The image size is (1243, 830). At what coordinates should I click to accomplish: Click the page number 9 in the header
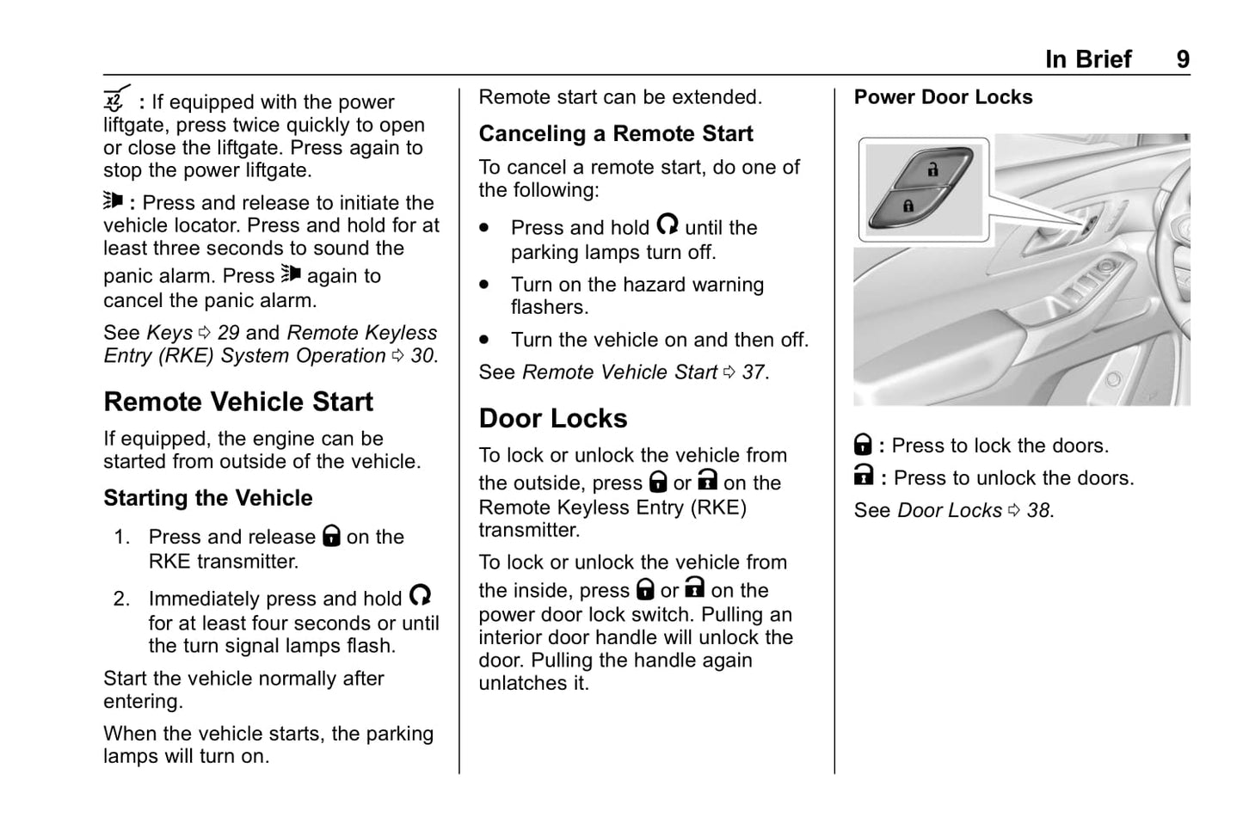coord(1183,59)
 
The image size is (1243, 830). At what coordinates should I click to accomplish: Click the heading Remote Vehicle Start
coord(238,402)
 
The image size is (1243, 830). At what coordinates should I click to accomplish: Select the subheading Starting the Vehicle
coord(207,498)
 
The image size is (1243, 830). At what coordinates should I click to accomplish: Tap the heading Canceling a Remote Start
coord(615,134)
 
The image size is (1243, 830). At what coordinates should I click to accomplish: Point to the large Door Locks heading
coord(552,419)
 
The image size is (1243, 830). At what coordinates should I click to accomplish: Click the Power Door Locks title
coord(943,97)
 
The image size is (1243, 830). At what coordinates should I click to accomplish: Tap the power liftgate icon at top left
coord(116,100)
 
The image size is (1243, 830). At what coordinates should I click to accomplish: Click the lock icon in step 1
coord(331,536)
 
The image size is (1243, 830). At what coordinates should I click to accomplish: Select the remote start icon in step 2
coord(420,595)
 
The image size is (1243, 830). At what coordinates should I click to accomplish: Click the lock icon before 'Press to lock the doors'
coord(863,445)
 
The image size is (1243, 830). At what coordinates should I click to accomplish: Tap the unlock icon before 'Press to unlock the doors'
coord(864,476)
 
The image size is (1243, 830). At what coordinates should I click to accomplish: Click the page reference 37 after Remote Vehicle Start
coord(753,372)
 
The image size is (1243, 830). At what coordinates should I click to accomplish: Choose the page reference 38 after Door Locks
coord(1039,511)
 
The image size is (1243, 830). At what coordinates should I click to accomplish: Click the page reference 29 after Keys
coord(228,333)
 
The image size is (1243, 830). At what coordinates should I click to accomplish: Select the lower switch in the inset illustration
coord(908,206)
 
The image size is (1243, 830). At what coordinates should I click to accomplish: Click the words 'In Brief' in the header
coord(1088,59)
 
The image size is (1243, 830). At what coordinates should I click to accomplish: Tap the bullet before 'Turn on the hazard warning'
coord(485,284)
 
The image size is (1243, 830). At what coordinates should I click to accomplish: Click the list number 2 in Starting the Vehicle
coord(121,599)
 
